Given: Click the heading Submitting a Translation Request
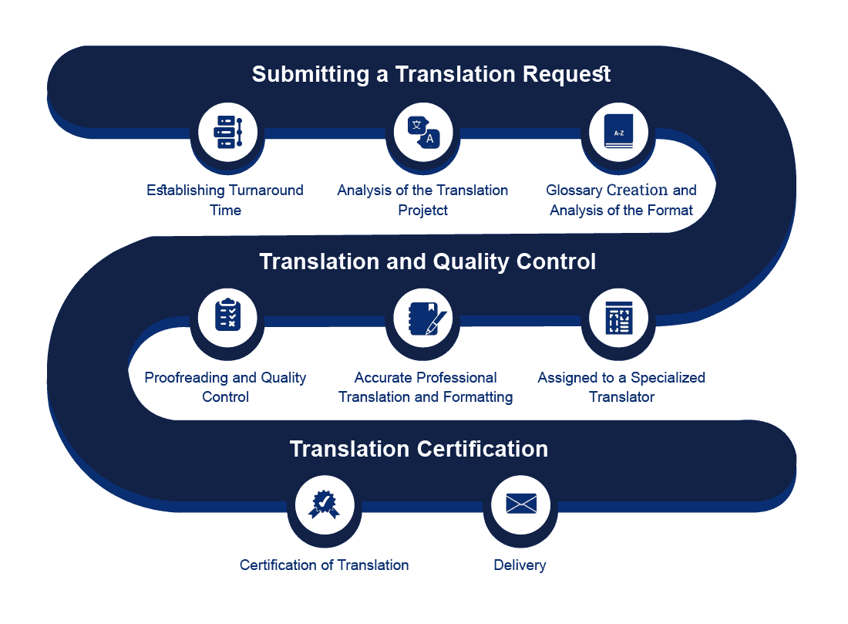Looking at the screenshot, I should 431,74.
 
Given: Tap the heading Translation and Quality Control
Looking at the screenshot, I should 427,261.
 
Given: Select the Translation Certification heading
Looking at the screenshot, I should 419,449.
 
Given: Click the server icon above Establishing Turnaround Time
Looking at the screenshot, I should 227,132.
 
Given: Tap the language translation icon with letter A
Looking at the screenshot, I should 423,132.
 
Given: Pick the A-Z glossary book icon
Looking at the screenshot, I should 618,132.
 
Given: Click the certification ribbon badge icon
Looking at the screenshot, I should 325,505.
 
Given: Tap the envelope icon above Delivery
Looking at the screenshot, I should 520,505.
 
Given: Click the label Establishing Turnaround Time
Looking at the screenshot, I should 225,200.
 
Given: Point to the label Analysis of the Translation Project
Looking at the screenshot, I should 422,200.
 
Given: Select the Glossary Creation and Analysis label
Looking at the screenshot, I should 621,200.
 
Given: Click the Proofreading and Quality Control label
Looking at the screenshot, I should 225,387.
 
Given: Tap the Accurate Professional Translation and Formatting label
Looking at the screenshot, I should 426,387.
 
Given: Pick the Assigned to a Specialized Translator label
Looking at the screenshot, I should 621,387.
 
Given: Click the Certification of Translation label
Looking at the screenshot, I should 324,565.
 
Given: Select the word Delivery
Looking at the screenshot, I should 520,565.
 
